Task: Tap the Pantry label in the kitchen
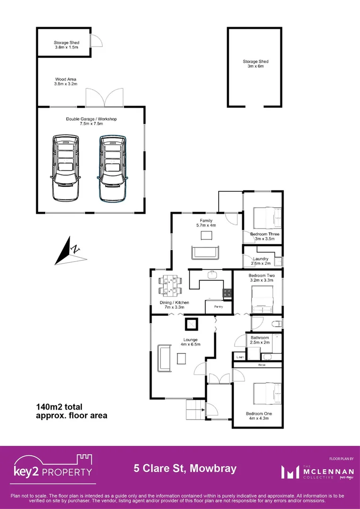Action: pos(219,306)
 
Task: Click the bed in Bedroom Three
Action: pos(267,217)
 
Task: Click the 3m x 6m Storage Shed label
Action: pos(255,64)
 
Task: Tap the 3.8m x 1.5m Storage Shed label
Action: pos(67,45)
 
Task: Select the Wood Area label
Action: pos(66,82)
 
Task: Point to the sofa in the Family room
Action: pos(205,253)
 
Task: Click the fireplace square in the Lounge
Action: pos(192,325)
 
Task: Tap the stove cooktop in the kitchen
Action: pos(227,293)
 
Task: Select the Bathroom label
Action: pos(260,340)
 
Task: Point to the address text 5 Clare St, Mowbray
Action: pos(185,469)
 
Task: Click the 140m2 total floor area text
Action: pos(72,411)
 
